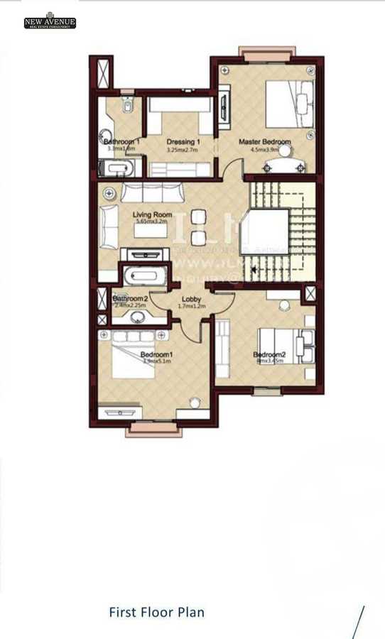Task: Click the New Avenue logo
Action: coord(49,21)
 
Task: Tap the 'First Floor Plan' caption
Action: coord(156,612)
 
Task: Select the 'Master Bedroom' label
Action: coord(264,142)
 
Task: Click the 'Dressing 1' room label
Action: coord(183,142)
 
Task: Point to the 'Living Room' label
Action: coord(152,214)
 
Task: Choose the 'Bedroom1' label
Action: coord(157,354)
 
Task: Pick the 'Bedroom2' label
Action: coord(269,354)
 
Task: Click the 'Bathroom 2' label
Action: coord(130,299)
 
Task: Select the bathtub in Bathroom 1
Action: coord(117,168)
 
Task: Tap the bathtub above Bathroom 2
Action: coord(146,275)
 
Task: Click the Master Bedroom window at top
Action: coord(261,53)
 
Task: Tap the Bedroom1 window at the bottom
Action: coord(150,429)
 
